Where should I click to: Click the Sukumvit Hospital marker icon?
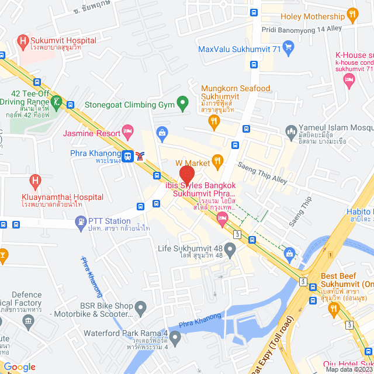(x=23, y=41)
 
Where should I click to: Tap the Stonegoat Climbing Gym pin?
(x=182, y=105)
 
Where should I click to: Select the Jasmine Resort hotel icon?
(x=127, y=131)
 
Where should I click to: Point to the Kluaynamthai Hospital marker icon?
(x=34, y=181)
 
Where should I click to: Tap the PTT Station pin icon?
(x=81, y=221)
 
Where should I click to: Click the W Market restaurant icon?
(x=218, y=160)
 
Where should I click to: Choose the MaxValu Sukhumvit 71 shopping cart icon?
(x=288, y=46)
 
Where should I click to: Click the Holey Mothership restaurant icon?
(x=352, y=14)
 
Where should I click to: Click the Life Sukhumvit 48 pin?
(x=230, y=251)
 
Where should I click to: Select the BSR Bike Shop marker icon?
(x=140, y=306)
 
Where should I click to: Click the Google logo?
(x=19, y=367)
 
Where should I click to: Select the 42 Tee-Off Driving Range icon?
(x=56, y=102)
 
